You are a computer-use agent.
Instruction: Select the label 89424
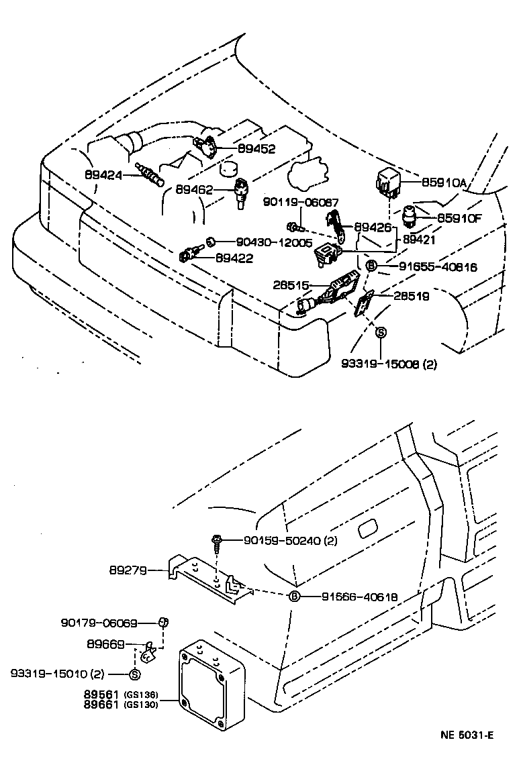point(104,175)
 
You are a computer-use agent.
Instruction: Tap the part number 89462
point(195,191)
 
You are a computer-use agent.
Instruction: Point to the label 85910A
point(444,183)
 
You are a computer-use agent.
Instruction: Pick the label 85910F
point(460,217)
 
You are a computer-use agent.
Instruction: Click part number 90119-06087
point(300,202)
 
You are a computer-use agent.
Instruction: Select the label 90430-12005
point(273,242)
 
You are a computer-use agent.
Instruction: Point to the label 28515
point(291,285)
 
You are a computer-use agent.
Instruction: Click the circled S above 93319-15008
point(380,332)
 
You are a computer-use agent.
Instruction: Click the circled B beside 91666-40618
point(293,597)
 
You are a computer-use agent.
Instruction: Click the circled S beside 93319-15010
point(134,674)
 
